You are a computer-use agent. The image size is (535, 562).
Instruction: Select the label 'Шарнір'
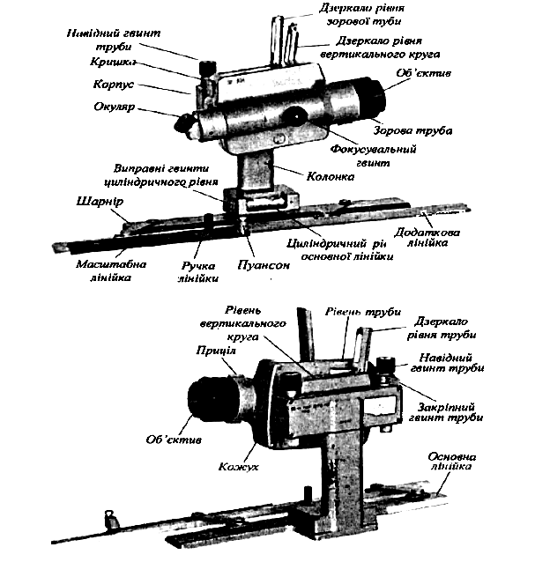(x=97, y=202)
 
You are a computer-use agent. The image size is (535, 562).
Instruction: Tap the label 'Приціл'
(x=215, y=351)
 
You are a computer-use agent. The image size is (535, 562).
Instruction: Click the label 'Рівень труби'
(x=363, y=313)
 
